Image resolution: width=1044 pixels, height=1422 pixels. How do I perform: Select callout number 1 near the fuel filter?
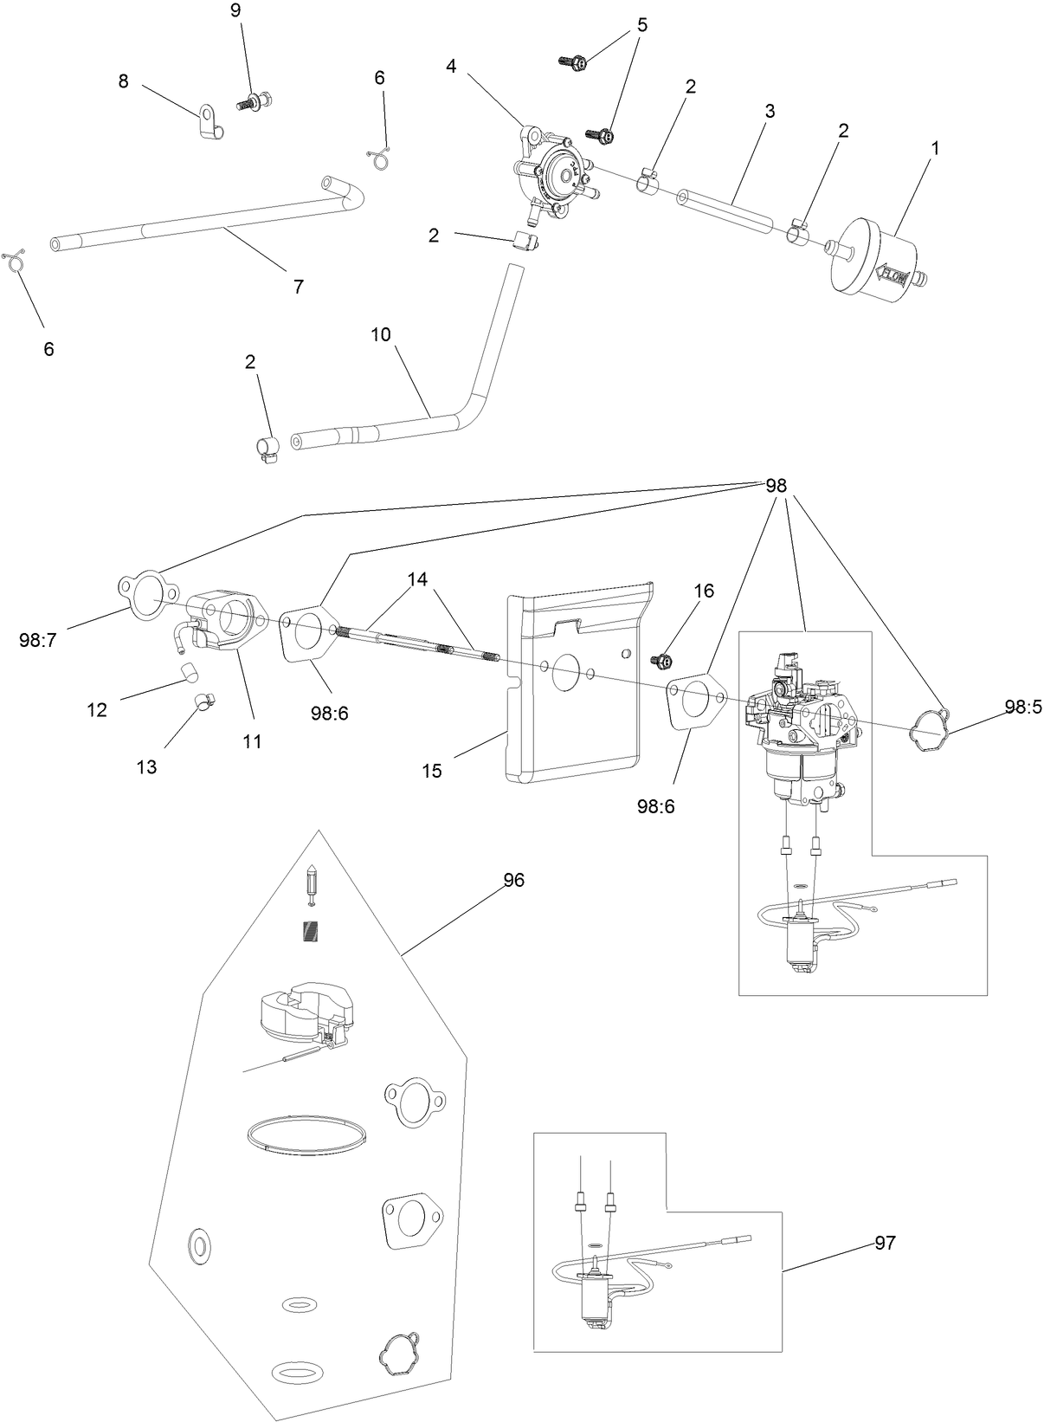click(935, 148)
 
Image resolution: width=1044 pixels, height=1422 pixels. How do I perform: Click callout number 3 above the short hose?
click(770, 111)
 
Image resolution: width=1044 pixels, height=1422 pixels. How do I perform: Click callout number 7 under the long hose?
click(299, 287)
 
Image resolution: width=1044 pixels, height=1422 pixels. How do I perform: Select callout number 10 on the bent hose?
click(382, 333)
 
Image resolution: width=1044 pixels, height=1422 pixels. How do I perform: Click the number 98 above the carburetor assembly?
click(776, 485)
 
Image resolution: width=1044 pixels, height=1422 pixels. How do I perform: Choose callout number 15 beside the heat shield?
click(432, 770)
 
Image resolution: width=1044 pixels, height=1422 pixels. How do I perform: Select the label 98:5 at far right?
click(1021, 707)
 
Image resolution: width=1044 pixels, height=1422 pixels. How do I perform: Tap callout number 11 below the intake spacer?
click(252, 741)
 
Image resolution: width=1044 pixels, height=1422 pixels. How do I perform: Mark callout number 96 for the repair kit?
click(514, 880)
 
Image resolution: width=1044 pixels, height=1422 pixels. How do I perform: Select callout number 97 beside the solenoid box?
click(884, 1243)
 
